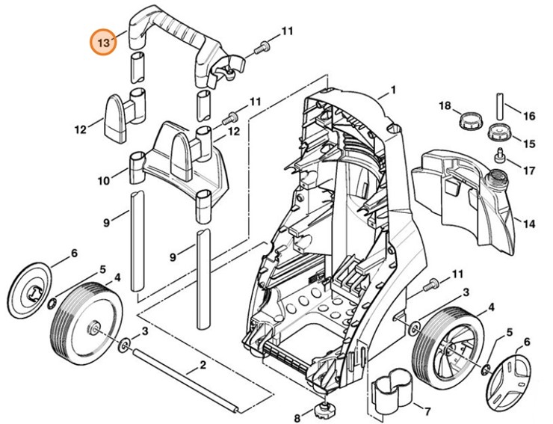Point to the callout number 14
[528, 223]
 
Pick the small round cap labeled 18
[472, 119]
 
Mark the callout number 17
[528, 170]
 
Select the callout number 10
[102, 180]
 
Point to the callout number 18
[445, 107]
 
